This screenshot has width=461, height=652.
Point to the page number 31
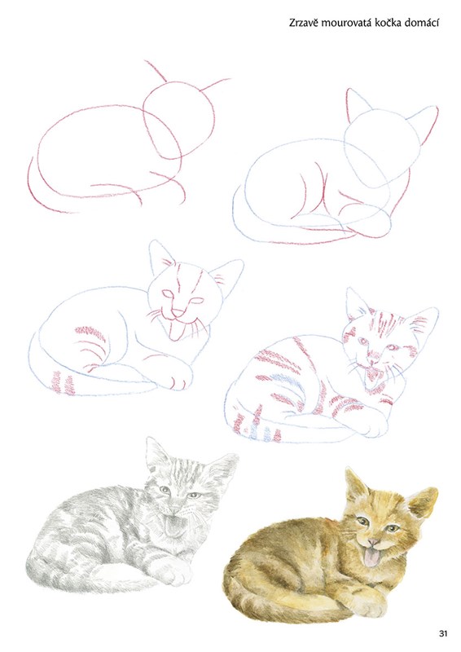[443, 634]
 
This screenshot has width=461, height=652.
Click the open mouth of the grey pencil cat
[173, 525]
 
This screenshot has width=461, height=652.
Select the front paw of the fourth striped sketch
[374, 426]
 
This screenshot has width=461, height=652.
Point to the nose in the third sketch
[177, 312]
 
